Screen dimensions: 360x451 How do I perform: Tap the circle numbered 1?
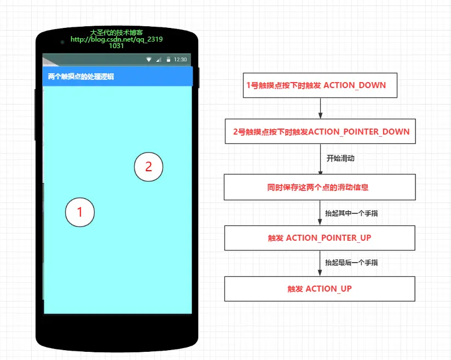pyautogui.click(x=80, y=212)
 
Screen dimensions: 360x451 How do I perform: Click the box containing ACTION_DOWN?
pyautogui.click(x=320, y=85)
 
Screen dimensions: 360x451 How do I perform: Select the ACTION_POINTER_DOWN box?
pyautogui.click(x=320, y=131)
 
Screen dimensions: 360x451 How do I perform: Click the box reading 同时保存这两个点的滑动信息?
pyautogui.click(x=320, y=187)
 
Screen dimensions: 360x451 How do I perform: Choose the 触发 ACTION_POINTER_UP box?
pyautogui.click(x=320, y=238)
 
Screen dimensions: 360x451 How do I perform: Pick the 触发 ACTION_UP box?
pyautogui.click(x=320, y=288)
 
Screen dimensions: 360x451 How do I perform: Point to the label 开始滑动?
pyautogui.click(x=340, y=158)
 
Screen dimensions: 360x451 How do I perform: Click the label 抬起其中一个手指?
pyautogui.click(x=351, y=213)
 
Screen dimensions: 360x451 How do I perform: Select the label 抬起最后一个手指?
pyautogui.click(x=351, y=263)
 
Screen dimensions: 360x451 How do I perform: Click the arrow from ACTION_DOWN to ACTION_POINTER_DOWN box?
pyautogui.click(x=320, y=108)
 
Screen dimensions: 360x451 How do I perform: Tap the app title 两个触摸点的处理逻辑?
pyautogui.click(x=81, y=77)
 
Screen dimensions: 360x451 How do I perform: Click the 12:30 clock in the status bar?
pyautogui.click(x=180, y=59)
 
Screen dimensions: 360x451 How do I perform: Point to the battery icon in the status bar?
pyautogui.click(x=169, y=59)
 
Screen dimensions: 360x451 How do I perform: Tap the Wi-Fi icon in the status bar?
pyautogui.click(x=149, y=59)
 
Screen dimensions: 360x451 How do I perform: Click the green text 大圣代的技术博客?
pyautogui.click(x=117, y=32)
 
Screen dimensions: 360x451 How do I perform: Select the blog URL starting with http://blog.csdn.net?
pyautogui.click(x=117, y=40)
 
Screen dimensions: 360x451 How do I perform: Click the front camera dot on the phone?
pyautogui.click(x=62, y=42)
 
